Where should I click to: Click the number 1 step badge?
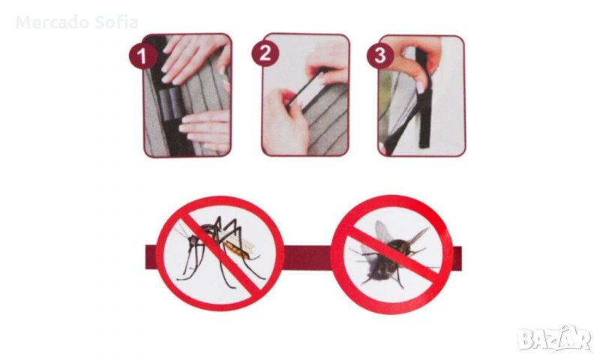[142, 55]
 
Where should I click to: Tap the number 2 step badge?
[265, 52]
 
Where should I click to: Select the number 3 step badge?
[380, 55]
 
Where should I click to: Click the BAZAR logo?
[554, 337]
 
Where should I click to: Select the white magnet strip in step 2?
[305, 90]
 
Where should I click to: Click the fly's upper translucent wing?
[383, 232]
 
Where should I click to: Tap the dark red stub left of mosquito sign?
[151, 257]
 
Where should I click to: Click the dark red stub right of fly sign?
[457, 257]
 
